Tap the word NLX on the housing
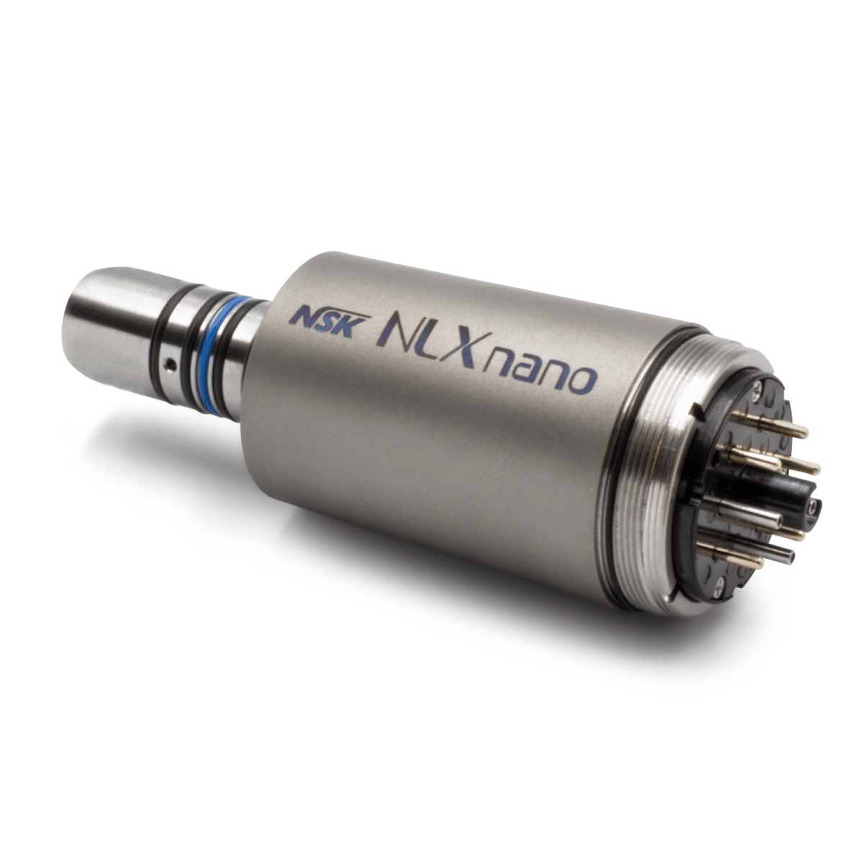click(431, 338)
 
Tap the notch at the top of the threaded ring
click(696, 412)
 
